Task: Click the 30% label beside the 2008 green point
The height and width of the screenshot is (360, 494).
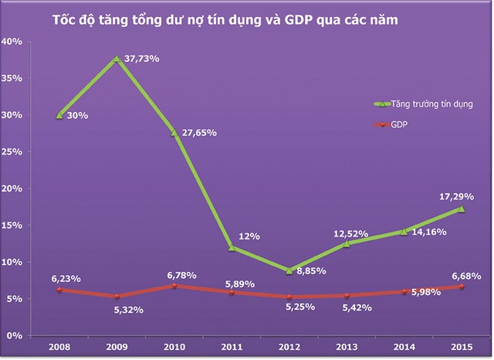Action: tap(77, 115)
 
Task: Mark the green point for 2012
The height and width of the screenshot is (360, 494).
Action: tap(289, 270)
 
